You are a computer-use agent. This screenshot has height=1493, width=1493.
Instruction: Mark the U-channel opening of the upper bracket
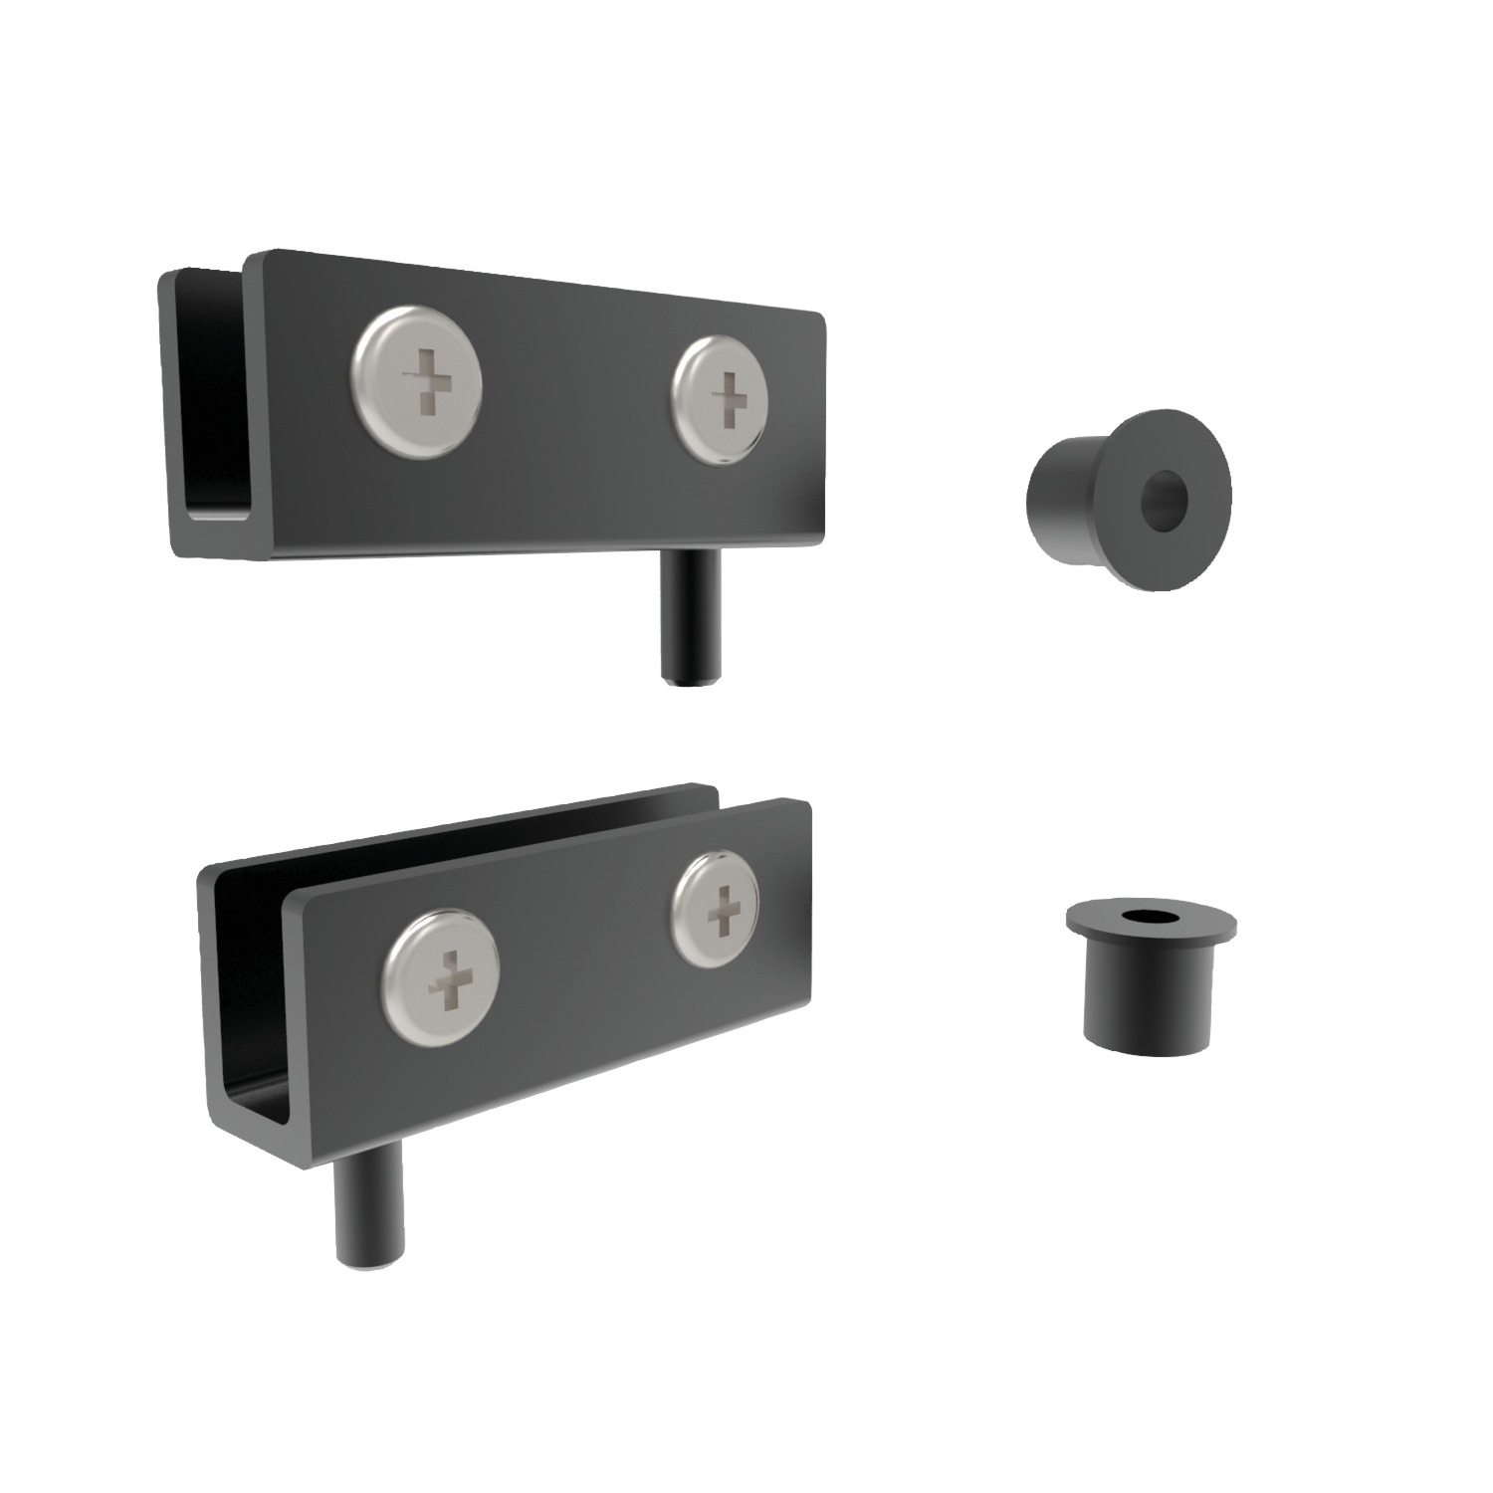click(x=213, y=398)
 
